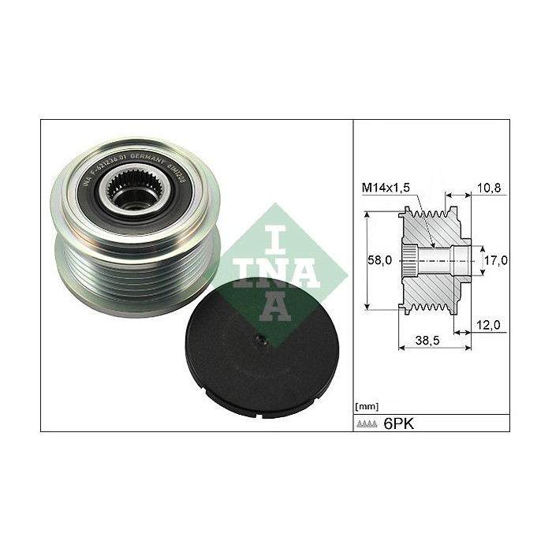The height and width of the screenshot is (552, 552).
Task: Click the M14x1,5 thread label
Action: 385,188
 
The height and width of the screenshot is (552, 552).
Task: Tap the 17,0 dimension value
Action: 494,259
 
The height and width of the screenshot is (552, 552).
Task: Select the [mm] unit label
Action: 367,407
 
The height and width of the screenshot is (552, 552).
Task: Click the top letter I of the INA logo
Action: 270,231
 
